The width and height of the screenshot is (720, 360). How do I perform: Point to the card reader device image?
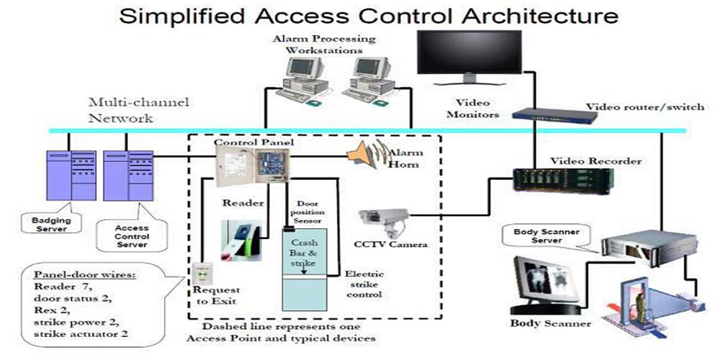pyautogui.click(x=240, y=238)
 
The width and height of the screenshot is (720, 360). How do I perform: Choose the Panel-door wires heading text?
pyautogui.click(x=78, y=275)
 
